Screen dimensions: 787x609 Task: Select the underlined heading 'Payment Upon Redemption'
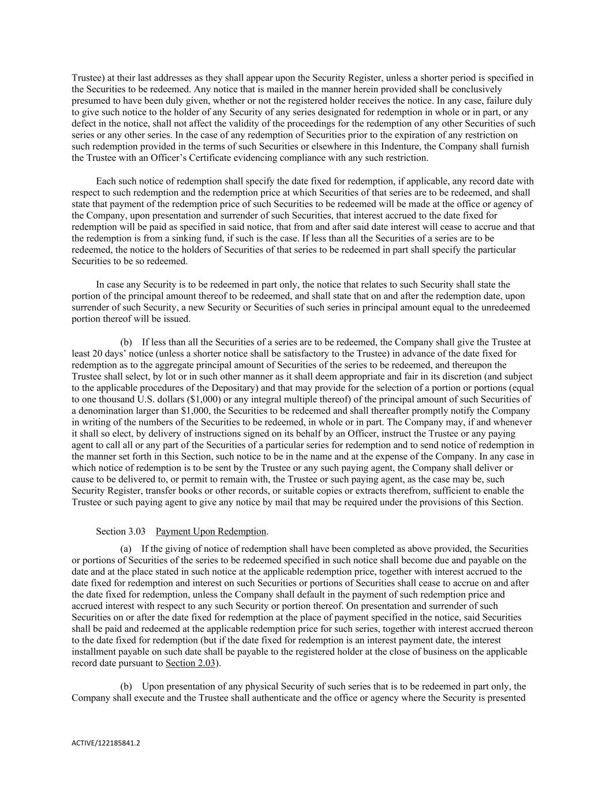(211, 531)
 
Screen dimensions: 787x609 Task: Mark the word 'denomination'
(104, 411)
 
